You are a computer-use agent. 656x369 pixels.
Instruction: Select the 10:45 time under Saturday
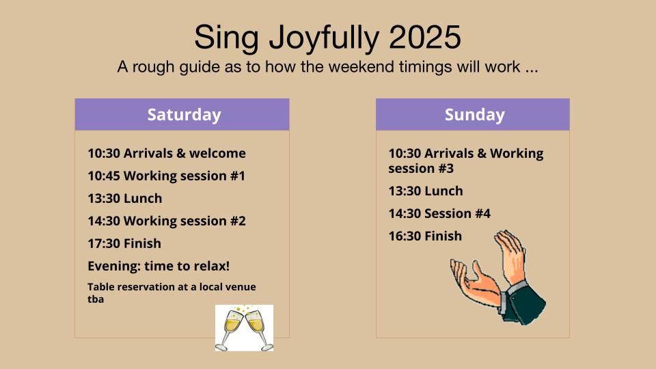(x=104, y=176)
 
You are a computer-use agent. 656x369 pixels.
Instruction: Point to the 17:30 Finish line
(x=124, y=243)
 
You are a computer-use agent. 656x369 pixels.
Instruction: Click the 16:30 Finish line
(x=425, y=236)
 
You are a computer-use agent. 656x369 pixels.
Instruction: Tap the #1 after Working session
(x=238, y=176)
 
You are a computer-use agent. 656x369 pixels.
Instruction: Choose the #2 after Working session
(x=238, y=221)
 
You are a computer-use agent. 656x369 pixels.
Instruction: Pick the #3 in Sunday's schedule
(x=446, y=169)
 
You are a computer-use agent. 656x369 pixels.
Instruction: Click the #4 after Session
(x=482, y=214)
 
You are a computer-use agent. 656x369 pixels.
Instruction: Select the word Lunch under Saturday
(x=143, y=198)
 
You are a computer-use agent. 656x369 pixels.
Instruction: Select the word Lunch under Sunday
(x=443, y=191)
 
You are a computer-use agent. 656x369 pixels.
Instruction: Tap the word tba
(x=96, y=299)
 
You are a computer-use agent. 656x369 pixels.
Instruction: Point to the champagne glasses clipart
(x=245, y=328)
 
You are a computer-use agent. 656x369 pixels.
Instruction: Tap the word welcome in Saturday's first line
(x=217, y=154)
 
